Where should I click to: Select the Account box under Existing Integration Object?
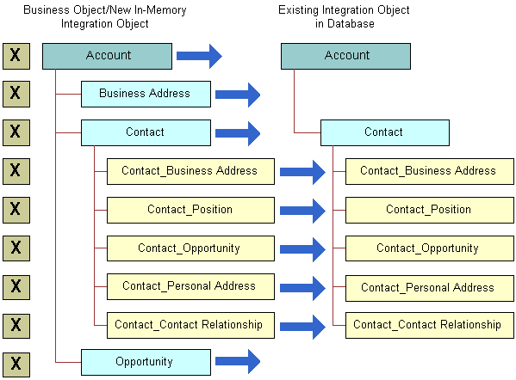coord(345,56)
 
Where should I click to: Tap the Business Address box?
coord(146,94)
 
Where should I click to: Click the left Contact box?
coord(146,132)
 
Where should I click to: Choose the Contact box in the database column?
coord(384,132)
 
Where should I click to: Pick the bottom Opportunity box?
coord(146,362)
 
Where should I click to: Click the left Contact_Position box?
coord(190,210)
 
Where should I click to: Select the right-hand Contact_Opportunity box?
coord(428,248)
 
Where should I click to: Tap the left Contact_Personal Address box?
coord(190,286)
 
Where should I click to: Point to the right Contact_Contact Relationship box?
coord(428,325)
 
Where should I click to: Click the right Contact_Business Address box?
coord(428,171)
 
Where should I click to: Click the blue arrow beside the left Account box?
coord(199,57)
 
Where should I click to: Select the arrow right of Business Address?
coord(237,95)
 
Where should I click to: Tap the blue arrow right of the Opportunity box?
coord(237,362)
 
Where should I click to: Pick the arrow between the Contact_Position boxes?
coord(302,210)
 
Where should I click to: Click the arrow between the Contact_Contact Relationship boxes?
coord(302,326)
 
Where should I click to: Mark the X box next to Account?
coord(15,57)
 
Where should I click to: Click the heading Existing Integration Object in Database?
coord(344,17)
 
